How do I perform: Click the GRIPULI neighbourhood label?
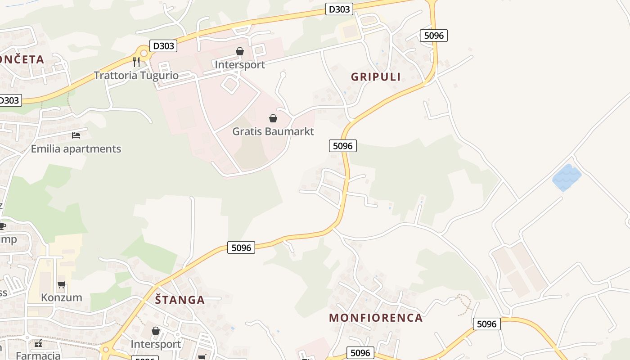tap(376, 77)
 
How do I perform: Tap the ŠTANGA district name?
tap(180, 300)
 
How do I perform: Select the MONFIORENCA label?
tap(376, 318)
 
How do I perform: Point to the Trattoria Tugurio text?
tap(136, 75)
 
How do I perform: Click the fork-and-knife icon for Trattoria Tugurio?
tap(136, 62)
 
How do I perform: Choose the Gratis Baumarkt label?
tap(273, 131)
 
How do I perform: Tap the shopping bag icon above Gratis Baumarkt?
tap(273, 118)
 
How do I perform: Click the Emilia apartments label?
tap(76, 148)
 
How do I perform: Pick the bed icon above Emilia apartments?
tap(76, 135)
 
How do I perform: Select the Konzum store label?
tap(62, 297)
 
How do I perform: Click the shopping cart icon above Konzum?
tap(62, 284)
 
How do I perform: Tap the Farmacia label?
tap(38, 355)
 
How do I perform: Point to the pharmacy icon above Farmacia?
tap(38, 344)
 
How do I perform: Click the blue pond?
tap(567, 177)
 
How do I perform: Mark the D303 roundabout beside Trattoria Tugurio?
tap(144, 53)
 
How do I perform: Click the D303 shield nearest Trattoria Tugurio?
tap(163, 45)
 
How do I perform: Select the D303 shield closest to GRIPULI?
tap(339, 9)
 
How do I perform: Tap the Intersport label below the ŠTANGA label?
tap(156, 344)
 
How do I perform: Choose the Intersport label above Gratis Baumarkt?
tap(240, 64)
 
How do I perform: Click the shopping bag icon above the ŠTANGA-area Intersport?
tap(156, 331)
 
